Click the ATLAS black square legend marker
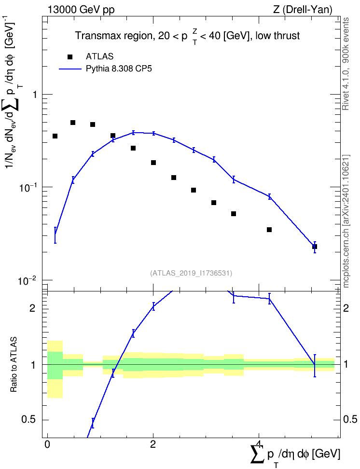(x=70, y=57)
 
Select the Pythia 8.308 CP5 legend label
(x=119, y=69)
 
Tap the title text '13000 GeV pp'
(x=81, y=10)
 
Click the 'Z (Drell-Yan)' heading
(x=303, y=10)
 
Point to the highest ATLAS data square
(x=73, y=123)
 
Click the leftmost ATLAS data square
(x=55, y=136)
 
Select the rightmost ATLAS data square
(x=315, y=247)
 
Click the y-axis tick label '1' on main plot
(x=35, y=95)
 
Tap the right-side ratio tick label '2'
(x=346, y=308)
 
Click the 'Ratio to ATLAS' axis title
(x=13, y=364)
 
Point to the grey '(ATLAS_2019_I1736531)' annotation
(x=191, y=273)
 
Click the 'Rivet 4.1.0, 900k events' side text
(x=346, y=64)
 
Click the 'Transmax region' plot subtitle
(x=114, y=36)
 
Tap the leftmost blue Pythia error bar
(x=55, y=235)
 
